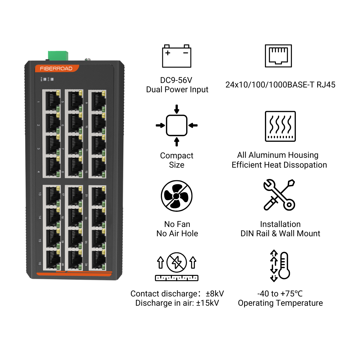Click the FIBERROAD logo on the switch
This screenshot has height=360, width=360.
click(56, 68)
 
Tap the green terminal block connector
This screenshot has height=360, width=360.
click(58, 55)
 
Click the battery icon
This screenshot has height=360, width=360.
click(177, 56)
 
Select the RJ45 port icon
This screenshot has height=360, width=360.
click(278, 56)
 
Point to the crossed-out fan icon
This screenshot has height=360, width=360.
click(177, 196)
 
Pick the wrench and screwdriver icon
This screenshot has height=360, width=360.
click(279, 195)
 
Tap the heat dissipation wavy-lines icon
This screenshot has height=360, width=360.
click(280, 126)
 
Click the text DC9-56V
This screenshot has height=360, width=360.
click(176, 80)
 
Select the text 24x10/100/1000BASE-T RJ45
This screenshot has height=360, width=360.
click(280, 85)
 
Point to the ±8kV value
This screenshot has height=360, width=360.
click(215, 294)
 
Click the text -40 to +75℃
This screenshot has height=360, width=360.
click(280, 294)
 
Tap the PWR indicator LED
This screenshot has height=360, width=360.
click(45, 79)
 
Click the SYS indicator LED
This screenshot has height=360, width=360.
click(52, 79)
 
